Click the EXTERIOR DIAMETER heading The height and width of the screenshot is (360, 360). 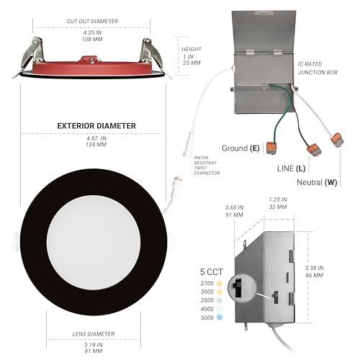[x=96, y=126]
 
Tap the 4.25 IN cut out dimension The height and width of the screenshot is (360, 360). [x=92, y=32]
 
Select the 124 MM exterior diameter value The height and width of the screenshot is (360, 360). [x=96, y=145]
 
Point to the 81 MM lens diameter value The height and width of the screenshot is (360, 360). [x=94, y=351]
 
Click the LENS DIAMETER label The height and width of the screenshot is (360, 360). [x=94, y=334]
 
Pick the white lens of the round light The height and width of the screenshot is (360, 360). [x=94, y=242]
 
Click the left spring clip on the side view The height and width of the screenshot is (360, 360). [x=32, y=53]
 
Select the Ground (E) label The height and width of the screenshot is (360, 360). [x=240, y=148]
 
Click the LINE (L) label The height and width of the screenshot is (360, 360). [x=291, y=168]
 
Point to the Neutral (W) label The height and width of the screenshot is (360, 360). [x=317, y=182]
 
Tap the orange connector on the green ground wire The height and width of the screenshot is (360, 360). [x=272, y=148]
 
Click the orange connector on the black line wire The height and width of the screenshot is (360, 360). [x=315, y=150]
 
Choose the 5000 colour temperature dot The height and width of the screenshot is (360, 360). [x=219, y=318]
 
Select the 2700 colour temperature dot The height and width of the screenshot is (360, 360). [x=219, y=284]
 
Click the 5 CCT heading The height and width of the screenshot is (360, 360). [x=212, y=272]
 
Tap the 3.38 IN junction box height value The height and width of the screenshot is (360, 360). [x=314, y=268]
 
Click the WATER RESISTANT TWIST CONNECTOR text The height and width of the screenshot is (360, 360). [x=207, y=165]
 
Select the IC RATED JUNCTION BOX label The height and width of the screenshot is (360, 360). [x=318, y=68]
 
